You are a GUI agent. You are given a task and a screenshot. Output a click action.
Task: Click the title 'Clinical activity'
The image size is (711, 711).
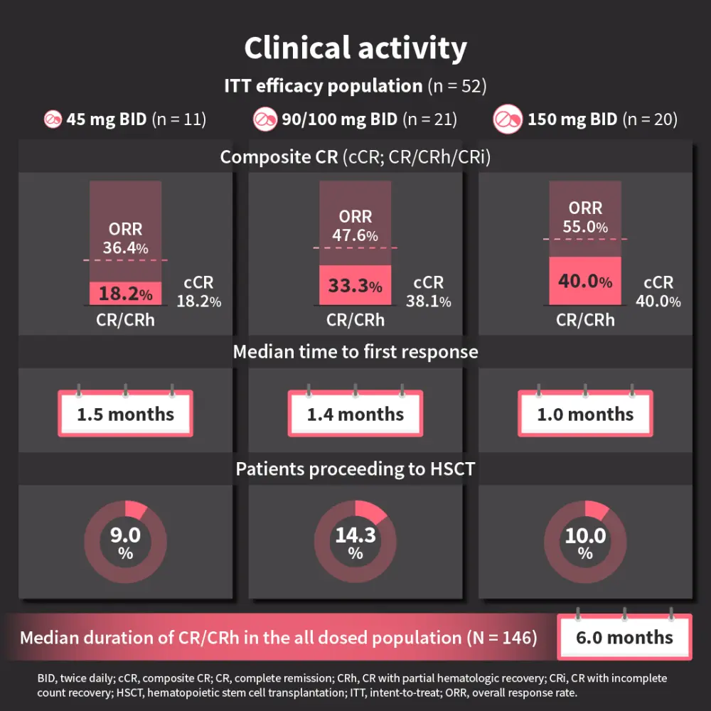point(355,48)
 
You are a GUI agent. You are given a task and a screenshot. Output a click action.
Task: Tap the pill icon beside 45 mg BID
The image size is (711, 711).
point(53,119)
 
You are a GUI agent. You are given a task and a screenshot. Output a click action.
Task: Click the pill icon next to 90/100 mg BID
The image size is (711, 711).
point(265,119)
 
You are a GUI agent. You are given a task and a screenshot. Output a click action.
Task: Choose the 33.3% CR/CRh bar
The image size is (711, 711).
point(355,285)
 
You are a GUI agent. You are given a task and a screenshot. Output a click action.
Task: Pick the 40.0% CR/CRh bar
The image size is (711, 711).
point(584,281)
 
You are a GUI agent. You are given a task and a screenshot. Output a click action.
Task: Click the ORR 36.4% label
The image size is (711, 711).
point(125,238)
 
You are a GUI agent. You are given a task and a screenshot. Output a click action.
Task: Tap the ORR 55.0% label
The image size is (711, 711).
point(585,218)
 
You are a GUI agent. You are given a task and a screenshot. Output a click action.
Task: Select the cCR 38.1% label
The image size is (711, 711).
point(429,292)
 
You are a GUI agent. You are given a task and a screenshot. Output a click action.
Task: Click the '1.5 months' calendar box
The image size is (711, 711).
point(125,414)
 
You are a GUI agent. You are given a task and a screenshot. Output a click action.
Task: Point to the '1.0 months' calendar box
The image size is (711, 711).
point(585,414)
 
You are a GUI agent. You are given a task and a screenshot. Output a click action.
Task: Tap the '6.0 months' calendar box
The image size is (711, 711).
point(624,637)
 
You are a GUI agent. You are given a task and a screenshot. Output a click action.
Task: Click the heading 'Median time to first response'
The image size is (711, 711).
point(355,351)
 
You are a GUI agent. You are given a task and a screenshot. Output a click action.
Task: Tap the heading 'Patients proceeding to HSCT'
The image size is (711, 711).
point(355,469)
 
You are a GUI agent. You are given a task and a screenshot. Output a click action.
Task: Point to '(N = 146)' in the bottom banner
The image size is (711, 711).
point(502,638)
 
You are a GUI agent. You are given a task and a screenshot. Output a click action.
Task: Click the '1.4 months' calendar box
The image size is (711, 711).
point(355,414)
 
